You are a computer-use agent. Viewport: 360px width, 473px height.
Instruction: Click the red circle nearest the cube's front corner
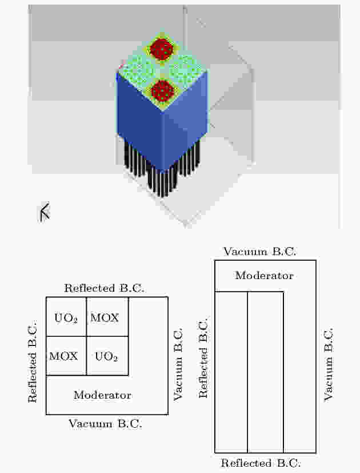tap(162, 90)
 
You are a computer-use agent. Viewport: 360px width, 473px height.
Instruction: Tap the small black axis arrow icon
tap(45, 212)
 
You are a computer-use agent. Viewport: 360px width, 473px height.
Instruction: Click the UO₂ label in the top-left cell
tap(66, 318)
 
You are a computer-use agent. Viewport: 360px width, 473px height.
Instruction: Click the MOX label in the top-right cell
tap(105, 317)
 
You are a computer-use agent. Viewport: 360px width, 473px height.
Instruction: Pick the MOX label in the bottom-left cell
tap(63, 356)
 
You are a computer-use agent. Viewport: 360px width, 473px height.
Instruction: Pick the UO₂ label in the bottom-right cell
tap(106, 356)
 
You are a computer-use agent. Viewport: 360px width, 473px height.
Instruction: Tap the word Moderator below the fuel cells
tap(102, 395)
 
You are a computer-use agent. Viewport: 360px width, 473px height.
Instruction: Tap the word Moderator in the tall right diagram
tap(264, 276)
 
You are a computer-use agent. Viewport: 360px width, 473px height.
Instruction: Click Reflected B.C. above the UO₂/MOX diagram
tap(104, 288)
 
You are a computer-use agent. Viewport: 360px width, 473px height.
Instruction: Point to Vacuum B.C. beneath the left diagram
tap(105, 424)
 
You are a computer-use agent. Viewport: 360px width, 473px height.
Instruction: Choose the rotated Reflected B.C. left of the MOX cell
tap(32, 361)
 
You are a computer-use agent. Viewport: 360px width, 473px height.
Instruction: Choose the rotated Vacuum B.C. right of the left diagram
tap(178, 364)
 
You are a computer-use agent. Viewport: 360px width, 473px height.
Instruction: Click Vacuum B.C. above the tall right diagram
tap(259, 252)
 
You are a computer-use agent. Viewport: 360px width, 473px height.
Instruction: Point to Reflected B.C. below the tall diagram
tap(261, 463)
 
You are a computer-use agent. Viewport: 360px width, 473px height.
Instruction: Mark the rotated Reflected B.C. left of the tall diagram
tap(203, 357)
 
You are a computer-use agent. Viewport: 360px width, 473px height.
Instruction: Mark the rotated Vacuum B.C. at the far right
tap(329, 364)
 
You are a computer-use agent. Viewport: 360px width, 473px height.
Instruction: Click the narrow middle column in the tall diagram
tap(265, 372)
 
